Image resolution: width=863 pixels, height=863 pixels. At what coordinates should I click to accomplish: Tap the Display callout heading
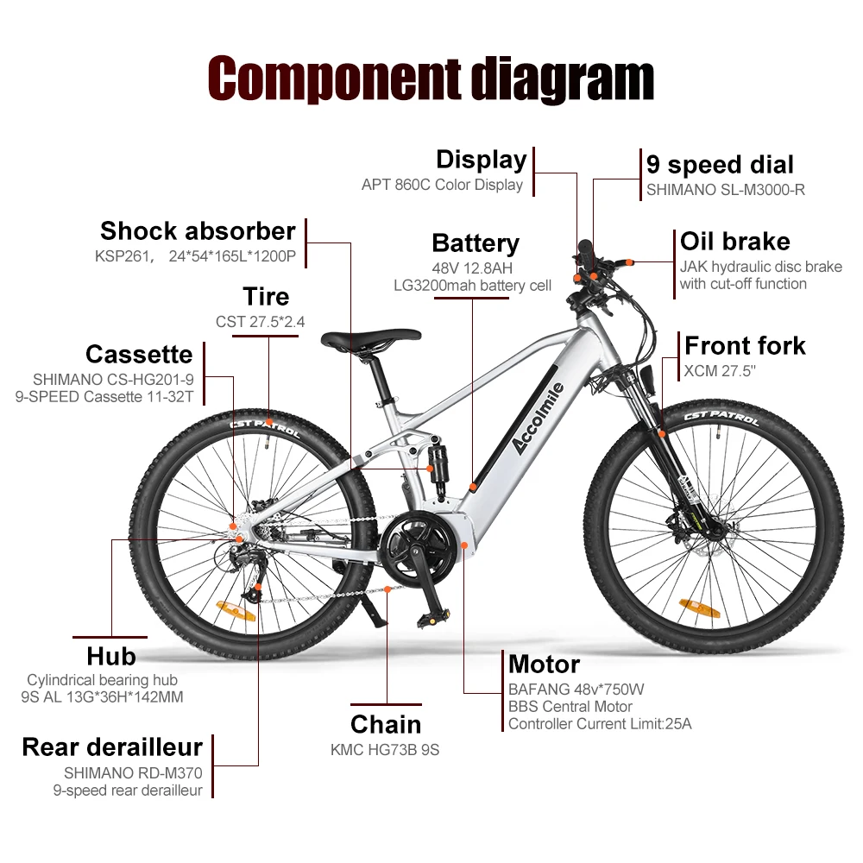[x=481, y=160]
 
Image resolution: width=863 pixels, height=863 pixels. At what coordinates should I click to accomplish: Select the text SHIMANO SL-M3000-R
[x=725, y=190]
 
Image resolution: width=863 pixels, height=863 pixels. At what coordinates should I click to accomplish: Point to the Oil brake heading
[x=734, y=241]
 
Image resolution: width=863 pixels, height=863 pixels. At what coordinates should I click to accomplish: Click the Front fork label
[x=745, y=346]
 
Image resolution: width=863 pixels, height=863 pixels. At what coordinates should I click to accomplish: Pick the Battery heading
[x=476, y=243]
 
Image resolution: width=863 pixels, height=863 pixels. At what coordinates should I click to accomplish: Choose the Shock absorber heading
[x=198, y=231]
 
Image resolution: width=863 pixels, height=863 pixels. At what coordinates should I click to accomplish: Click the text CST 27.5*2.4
[x=260, y=322]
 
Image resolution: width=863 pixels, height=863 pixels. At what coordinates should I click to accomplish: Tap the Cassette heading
[x=139, y=354]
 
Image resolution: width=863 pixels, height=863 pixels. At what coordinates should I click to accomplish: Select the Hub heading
[x=111, y=656]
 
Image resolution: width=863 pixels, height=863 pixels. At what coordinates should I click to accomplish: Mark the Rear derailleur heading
[x=112, y=746]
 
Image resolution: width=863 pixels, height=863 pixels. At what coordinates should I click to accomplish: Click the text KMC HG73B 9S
[x=385, y=750]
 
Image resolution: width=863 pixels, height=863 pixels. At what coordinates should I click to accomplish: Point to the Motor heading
[x=544, y=665]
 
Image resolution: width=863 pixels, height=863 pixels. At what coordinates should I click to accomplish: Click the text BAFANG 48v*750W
[x=576, y=690]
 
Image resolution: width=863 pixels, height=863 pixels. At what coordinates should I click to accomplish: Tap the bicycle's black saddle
[x=371, y=340]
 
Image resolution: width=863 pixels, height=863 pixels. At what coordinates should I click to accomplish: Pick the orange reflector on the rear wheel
[x=237, y=610]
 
